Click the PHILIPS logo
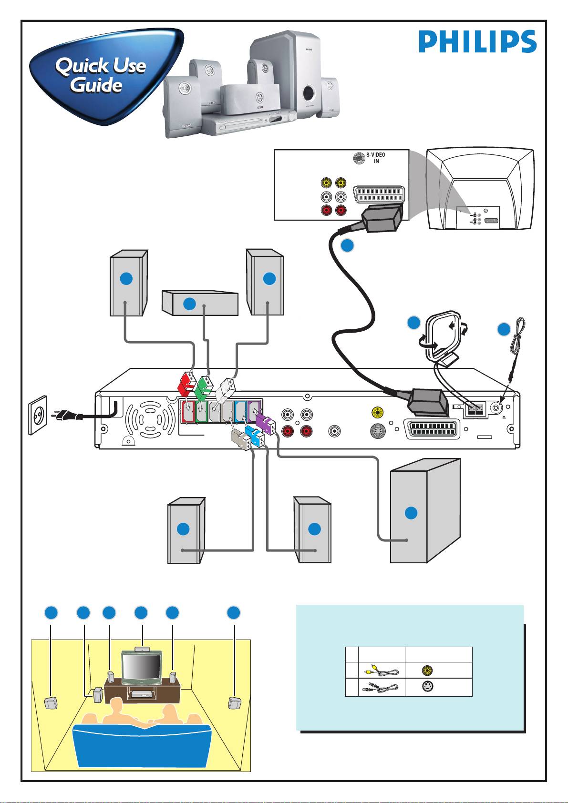point(477,41)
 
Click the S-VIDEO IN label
point(376,158)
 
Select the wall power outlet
point(38,415)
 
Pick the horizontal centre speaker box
point(200,304)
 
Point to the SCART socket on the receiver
point(432,429)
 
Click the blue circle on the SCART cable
point(348,245)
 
